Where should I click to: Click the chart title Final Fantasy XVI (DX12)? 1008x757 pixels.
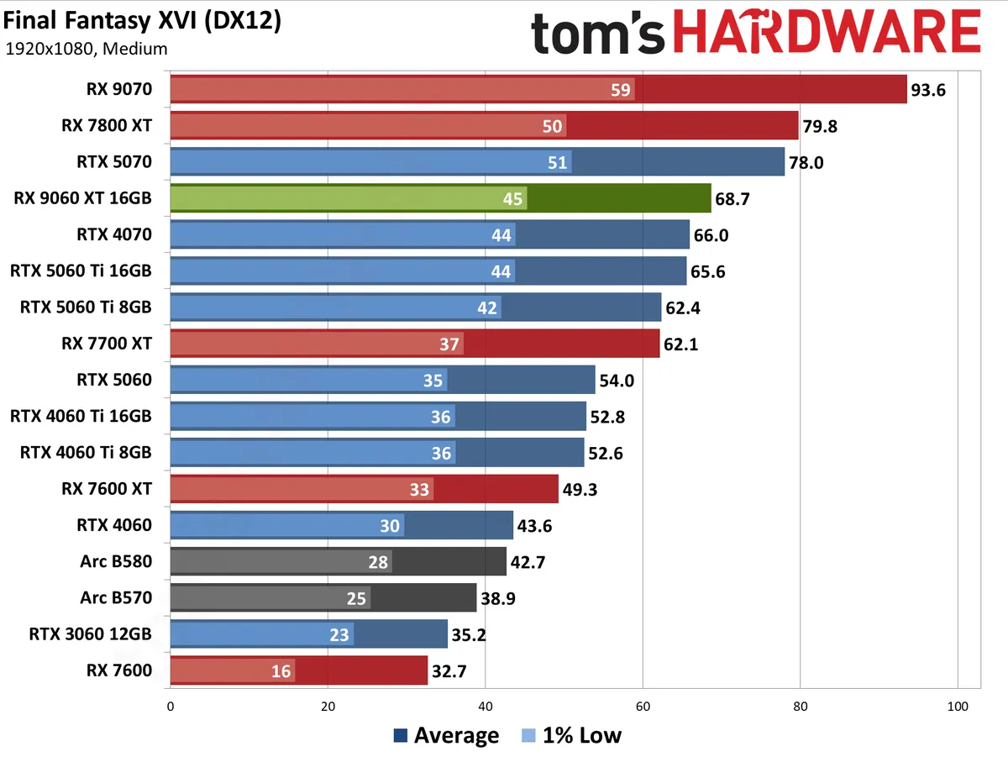click(x=143, y=21)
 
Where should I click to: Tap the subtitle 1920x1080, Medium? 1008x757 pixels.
click(x=87, y=49)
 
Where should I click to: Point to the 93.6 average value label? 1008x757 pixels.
click(x=928, y=90)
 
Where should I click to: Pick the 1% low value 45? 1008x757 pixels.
click(x=512, y=199)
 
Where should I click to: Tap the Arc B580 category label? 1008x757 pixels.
click(x=116, y=561)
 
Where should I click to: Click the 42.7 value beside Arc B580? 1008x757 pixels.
click(x=528, y=562)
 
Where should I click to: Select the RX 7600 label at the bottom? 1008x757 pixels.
click(x=118, y=670)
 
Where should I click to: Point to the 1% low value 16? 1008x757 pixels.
click(x=281, y=671)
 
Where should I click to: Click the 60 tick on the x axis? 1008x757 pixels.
click(x=643, y=707)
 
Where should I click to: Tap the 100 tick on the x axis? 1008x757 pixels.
click(x=958, y=707)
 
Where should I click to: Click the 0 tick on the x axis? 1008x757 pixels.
click(x=171, y=707)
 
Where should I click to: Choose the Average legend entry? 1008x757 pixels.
click(x=447, y=736)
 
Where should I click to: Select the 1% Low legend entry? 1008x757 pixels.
click(x=571, y=736)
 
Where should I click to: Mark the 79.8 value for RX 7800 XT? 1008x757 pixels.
click(x=820, y=127)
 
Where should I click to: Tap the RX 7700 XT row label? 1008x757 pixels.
click(x=107, y=343)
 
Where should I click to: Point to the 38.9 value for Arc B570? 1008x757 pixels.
click(x=499, y=598)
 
